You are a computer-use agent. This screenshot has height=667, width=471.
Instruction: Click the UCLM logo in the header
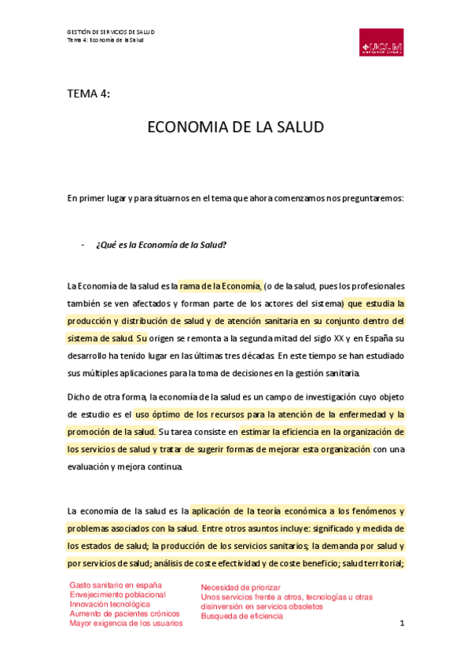pyautogui.click(x=381, y=44)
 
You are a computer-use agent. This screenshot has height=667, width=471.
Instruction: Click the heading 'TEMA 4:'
pyautogui.click(x=88, y=93)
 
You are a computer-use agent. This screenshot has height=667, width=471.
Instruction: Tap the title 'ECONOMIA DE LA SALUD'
pyautogui.click(x=236, y=127)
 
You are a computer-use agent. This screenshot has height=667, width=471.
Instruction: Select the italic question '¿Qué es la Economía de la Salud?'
pyautogui.click(x=161, y=245)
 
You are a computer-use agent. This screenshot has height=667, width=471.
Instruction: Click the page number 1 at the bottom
pyautogui.click(x=401, y=625)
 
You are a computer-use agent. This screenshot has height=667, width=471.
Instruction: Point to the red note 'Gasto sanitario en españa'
pyautogui.click(x=116, y=585)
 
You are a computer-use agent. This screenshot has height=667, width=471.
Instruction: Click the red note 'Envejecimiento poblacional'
pyautogui.click(x=118, y=595)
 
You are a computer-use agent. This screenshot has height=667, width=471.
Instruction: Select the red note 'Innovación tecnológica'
pyautogui.click(x=109, y=604)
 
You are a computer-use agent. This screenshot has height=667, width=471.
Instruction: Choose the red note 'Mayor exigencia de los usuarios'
pyautogui.click(x=126, y=623)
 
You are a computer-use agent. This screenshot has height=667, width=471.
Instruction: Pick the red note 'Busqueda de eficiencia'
pyautogui.click(x=242, y=617)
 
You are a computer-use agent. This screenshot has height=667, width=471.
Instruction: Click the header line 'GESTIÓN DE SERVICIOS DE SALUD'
pyautogui.click(x=111, y=32)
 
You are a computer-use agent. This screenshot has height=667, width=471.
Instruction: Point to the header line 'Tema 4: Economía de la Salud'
pyautogui.click(x=105, y=40)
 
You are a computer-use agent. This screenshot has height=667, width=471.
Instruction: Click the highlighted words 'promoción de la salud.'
pyautogui.click(x=112, y=432)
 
